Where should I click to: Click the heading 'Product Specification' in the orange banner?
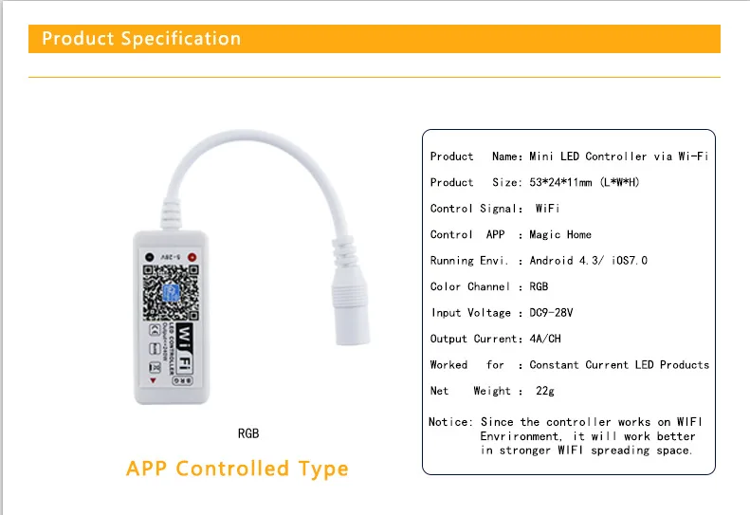tap(141, 39)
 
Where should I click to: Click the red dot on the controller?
tap(192, 257)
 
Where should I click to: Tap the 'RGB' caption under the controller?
tap(248, 433)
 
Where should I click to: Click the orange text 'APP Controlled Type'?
tap(237, 469)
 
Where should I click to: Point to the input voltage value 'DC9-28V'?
tap(551, 313)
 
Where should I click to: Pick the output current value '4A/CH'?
tap(548, 339)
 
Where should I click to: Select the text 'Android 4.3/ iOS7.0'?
tap(588, 260)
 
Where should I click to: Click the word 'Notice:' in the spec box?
tap(450, 422)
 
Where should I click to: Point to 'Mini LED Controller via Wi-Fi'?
tap(618, 156)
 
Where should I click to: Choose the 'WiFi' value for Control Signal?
tap(547, 209)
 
